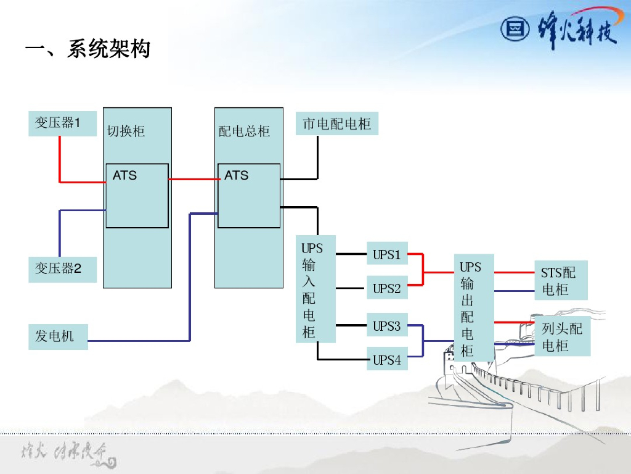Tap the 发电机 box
tap(58, 336)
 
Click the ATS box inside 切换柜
tap(137, 196)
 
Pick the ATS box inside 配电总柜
tap(249, 196)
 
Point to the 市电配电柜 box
tap(337, 124)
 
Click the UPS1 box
tap(387, 254)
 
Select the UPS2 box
tap(387, 288)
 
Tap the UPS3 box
tap(387, 326)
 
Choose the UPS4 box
tap(387, 360)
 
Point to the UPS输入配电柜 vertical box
tap(316, 289)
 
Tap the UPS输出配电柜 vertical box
tap(474, 307)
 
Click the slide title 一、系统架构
tap(88, 49)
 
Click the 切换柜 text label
tap(126, 131)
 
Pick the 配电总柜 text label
tap(245, 131)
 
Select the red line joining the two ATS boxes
tap(193, 179)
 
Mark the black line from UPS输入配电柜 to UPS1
tap(351, 254)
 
